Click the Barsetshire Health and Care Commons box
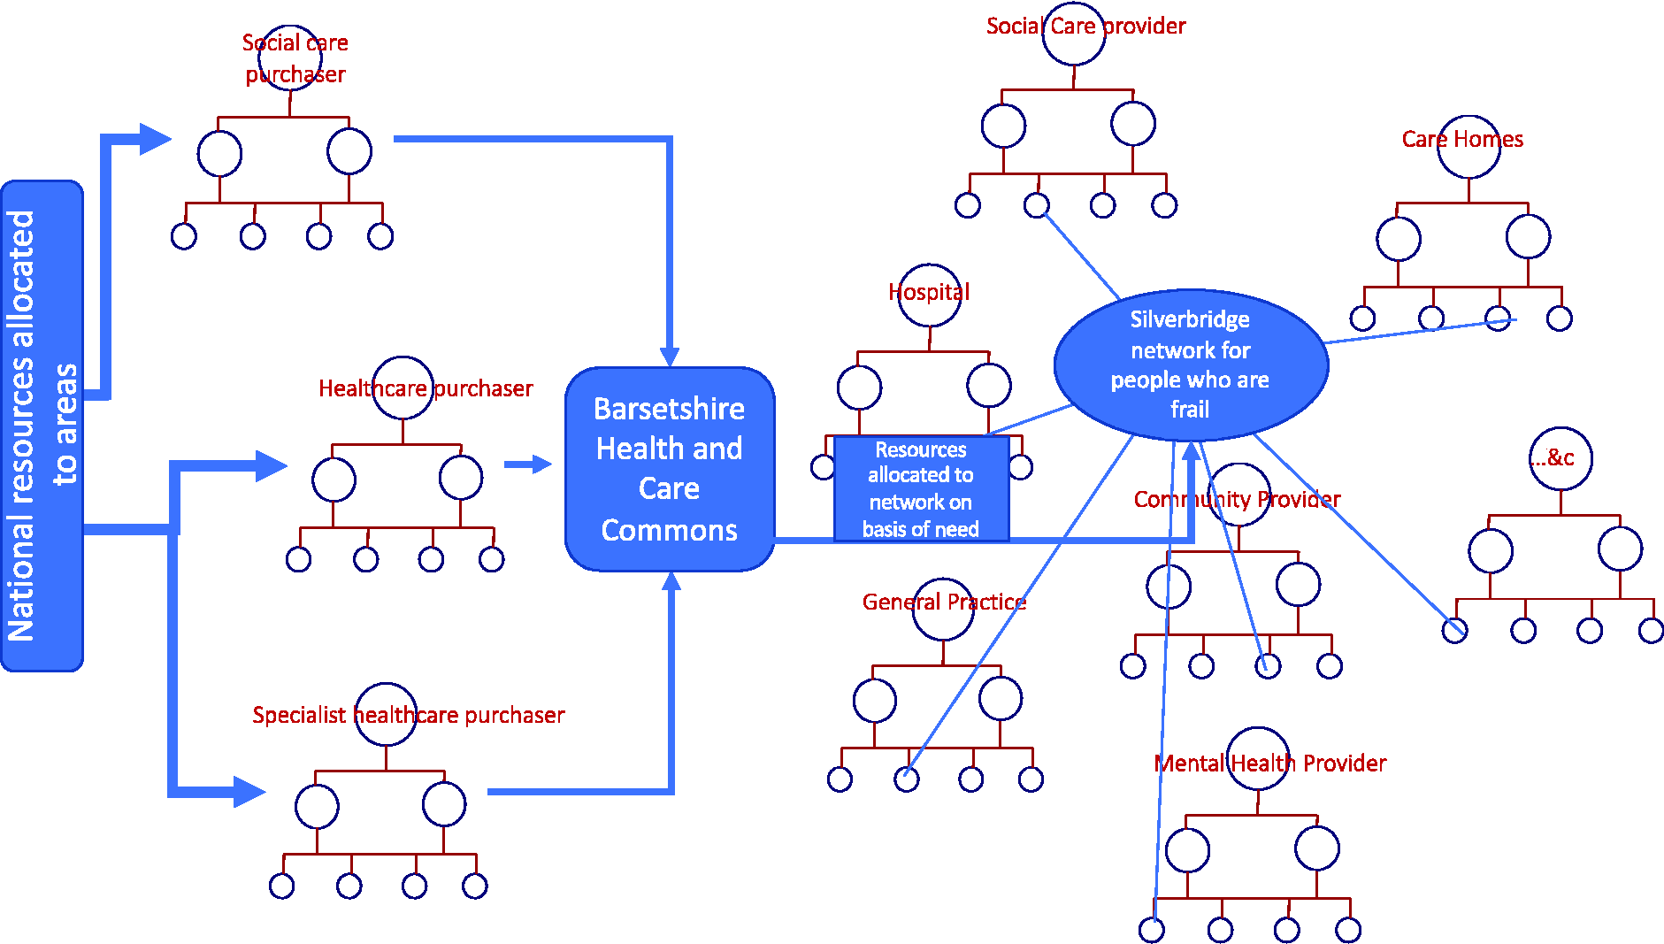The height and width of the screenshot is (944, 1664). (670, 469)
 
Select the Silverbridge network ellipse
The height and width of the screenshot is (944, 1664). (1191, 365)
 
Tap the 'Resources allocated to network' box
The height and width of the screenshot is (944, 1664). (921, 488)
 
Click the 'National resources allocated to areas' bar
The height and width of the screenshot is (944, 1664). (42, 426)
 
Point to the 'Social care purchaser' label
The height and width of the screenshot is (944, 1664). (295, 58)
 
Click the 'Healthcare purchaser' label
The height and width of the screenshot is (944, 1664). (426, 388)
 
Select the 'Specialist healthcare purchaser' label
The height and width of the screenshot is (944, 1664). (409, 715)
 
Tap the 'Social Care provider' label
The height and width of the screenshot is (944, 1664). (1086, 26)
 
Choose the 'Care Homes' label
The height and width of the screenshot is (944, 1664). (1463, 139)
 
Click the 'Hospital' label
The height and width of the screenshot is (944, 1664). (929, 292)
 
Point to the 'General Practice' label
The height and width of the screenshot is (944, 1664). (944, 602)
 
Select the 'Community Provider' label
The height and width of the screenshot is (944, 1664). (1238, 499)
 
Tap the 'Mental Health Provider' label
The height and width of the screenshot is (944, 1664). (1270, 763)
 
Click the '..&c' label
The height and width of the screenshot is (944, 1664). (1553, 457)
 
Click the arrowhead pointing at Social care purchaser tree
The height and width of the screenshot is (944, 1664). (155, 139)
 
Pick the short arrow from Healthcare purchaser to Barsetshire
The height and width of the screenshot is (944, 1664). (528, 464)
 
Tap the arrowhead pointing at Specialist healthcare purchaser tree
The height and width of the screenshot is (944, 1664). (249, 792)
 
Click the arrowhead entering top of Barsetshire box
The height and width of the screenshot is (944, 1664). (670, 357)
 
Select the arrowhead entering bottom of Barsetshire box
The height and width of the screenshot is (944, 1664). (671, 581)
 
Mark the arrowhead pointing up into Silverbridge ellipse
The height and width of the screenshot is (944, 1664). (1192, 450)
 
